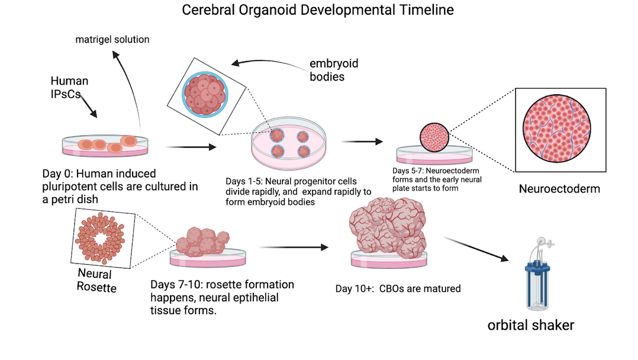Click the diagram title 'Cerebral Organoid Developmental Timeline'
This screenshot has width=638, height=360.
coord(318,10)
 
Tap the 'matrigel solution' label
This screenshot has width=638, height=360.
coord(112,40)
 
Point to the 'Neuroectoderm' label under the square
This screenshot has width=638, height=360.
coord(559,189)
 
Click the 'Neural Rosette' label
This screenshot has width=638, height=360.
coord(96,281)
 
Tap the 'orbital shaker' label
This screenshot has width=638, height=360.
coord(531,324)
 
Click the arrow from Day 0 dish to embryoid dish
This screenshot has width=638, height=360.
coord(192,147)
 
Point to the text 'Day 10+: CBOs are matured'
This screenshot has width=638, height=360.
coord(398,289)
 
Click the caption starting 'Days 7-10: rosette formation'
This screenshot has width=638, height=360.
coord(222,297)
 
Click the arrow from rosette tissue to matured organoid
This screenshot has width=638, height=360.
coord(294,247)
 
